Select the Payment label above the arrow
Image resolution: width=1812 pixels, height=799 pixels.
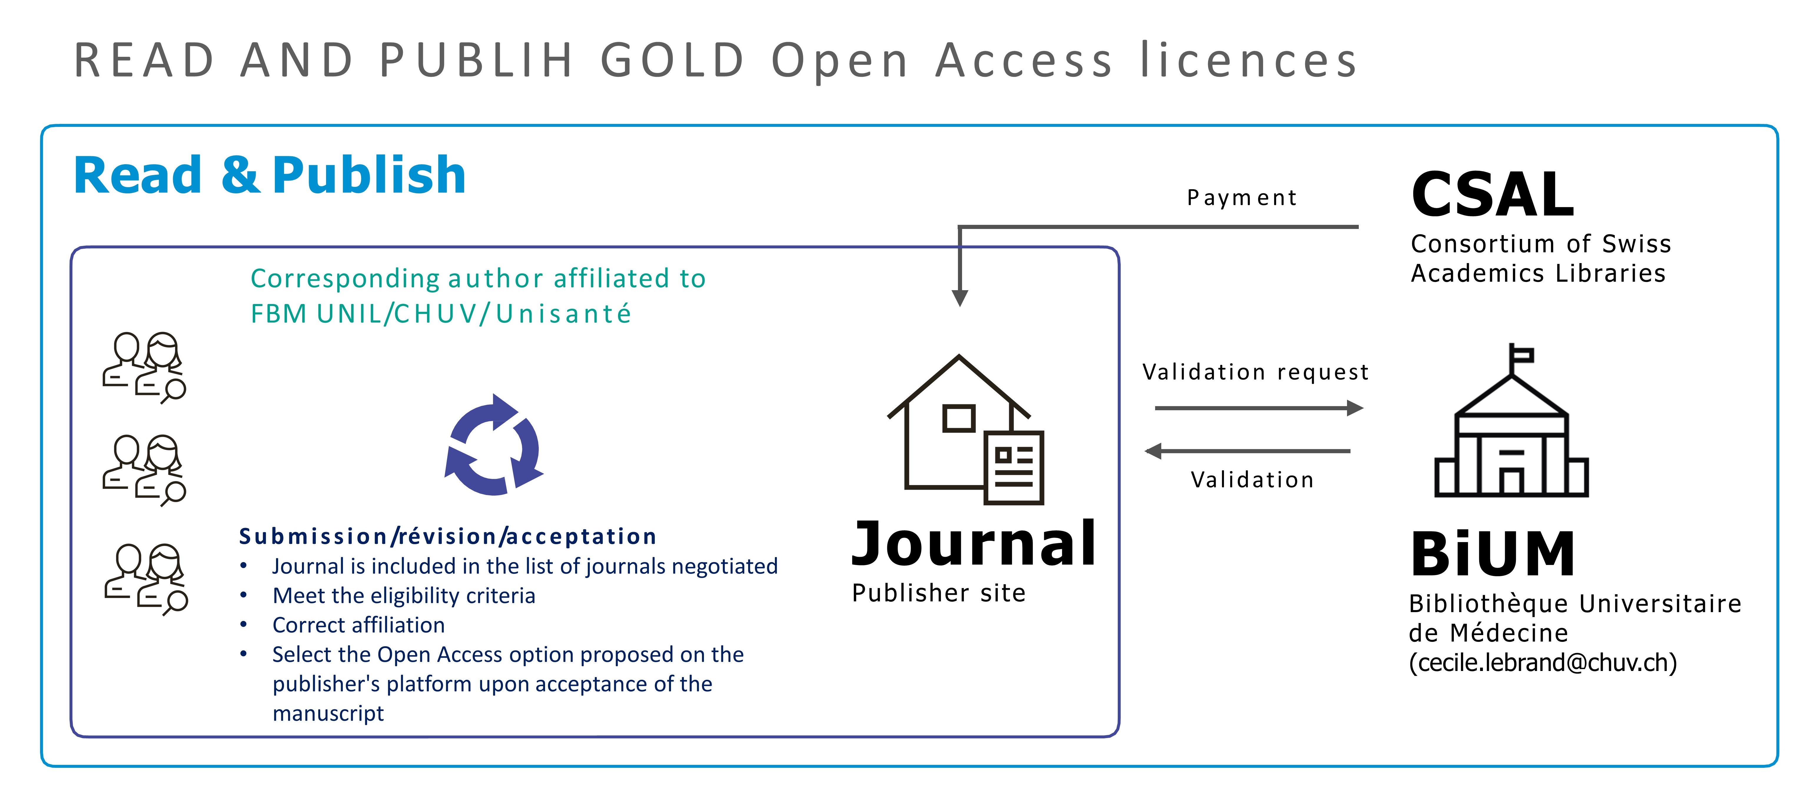point(1242,198)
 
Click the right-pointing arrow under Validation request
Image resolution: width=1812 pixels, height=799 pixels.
point(1259,408)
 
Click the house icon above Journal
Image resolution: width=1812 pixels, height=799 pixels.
point(959,422)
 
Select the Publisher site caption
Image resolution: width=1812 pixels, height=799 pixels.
point(939,593)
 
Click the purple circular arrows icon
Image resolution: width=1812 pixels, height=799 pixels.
point(494,444)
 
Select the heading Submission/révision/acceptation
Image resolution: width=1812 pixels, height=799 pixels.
point(447,536)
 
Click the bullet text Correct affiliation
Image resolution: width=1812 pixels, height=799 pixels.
point(359,625)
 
